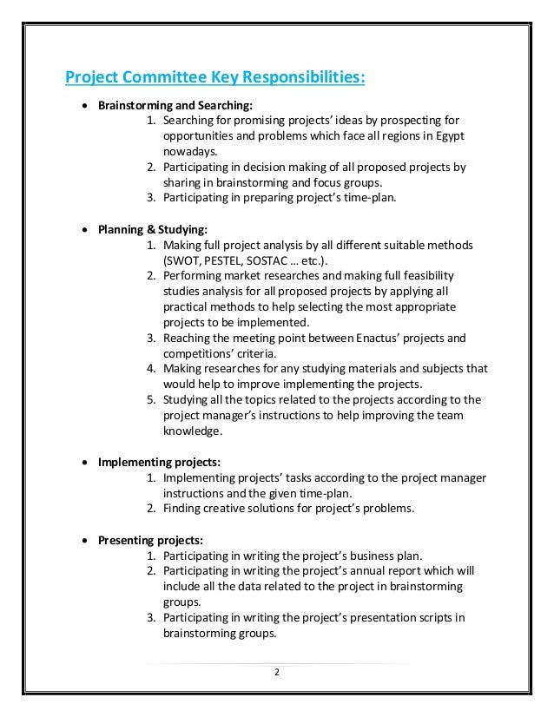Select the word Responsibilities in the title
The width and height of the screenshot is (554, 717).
coord(301,79)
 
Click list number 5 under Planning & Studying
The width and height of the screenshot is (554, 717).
coord(150,399)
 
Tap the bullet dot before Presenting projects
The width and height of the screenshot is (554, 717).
coord(83,538)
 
